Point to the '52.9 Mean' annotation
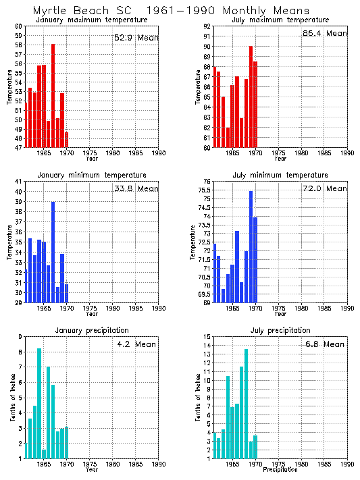click(x=135, y=38)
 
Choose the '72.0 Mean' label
click(x=324, y=188)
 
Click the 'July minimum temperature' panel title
click(x=280, y=175)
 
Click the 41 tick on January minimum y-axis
click(x=18, y=182)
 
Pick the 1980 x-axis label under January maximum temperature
click(x=112, y=153)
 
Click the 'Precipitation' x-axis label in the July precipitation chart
click(x=280, y=469)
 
